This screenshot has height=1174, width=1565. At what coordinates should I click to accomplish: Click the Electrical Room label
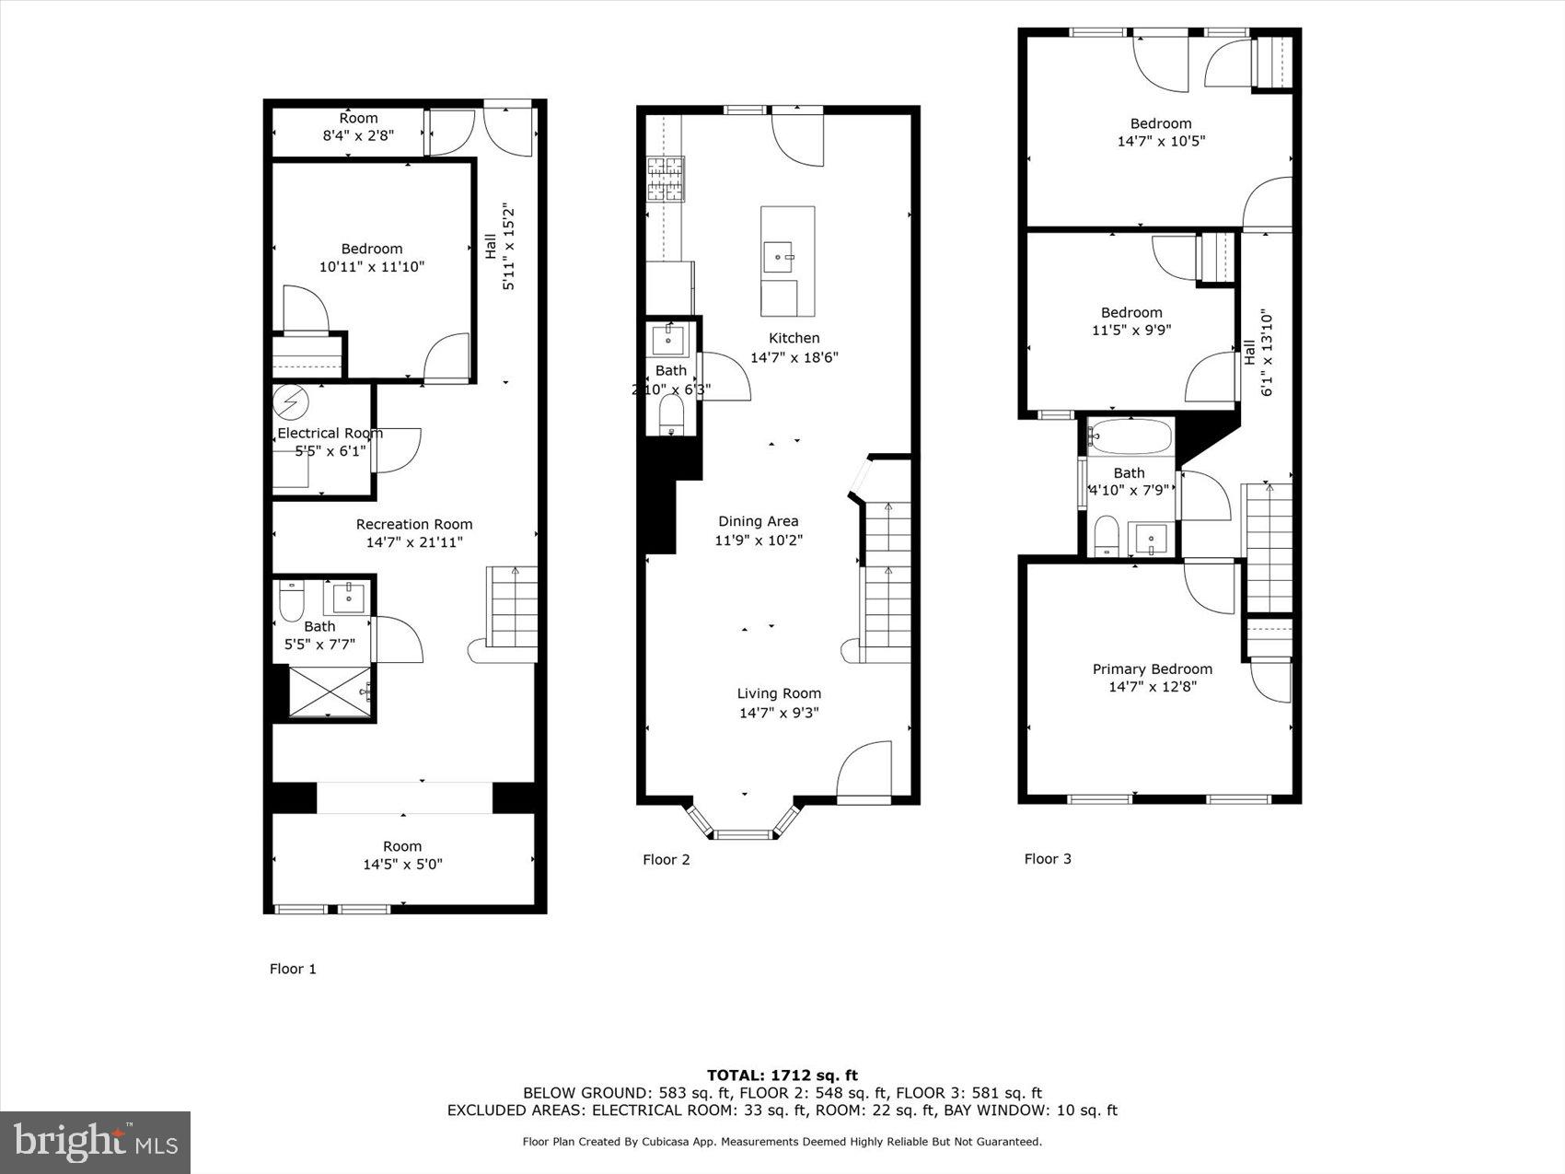pyautogui.click(x=330, y=434)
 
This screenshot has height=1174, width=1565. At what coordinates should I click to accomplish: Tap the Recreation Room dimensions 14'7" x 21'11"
pyautogui.click(x=414, y=542)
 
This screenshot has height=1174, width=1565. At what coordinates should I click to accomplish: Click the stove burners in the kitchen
pyautogui.click(x=666, y=180)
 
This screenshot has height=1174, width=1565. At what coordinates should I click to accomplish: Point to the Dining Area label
pyautogui.click(x=759, y=521)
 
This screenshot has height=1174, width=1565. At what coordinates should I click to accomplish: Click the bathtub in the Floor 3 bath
pyautogui.click(x=1130, y=436)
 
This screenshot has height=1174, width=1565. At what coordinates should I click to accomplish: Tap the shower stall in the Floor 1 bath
pyautogui.click(x=330, y=691)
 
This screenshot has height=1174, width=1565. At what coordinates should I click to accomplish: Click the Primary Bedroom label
pyautogui.click(x=1152, y=669)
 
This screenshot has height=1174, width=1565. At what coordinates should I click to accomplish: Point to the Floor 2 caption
pyautogui.click(x=666, y=860)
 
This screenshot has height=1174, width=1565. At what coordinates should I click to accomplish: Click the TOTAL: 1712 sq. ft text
pyautogui.click(x=782, y=1075)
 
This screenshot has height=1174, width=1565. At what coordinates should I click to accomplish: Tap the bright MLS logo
pyautogui.click(x=96, y=1143)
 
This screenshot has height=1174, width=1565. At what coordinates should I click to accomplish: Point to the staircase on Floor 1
pyautogui.click(x=512, y=608)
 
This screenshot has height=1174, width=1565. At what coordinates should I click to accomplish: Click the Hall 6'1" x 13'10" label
pyautogui.click(x=1258, y=353)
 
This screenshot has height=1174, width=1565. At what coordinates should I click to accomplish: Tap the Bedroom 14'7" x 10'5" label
pyautogui.click(x=1161, y=133)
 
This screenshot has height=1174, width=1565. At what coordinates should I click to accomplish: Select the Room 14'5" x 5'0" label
pyautogui.click(x=402, y=855)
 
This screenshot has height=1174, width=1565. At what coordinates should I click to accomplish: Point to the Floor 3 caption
pyautogui.click(x=1048, y=859)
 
